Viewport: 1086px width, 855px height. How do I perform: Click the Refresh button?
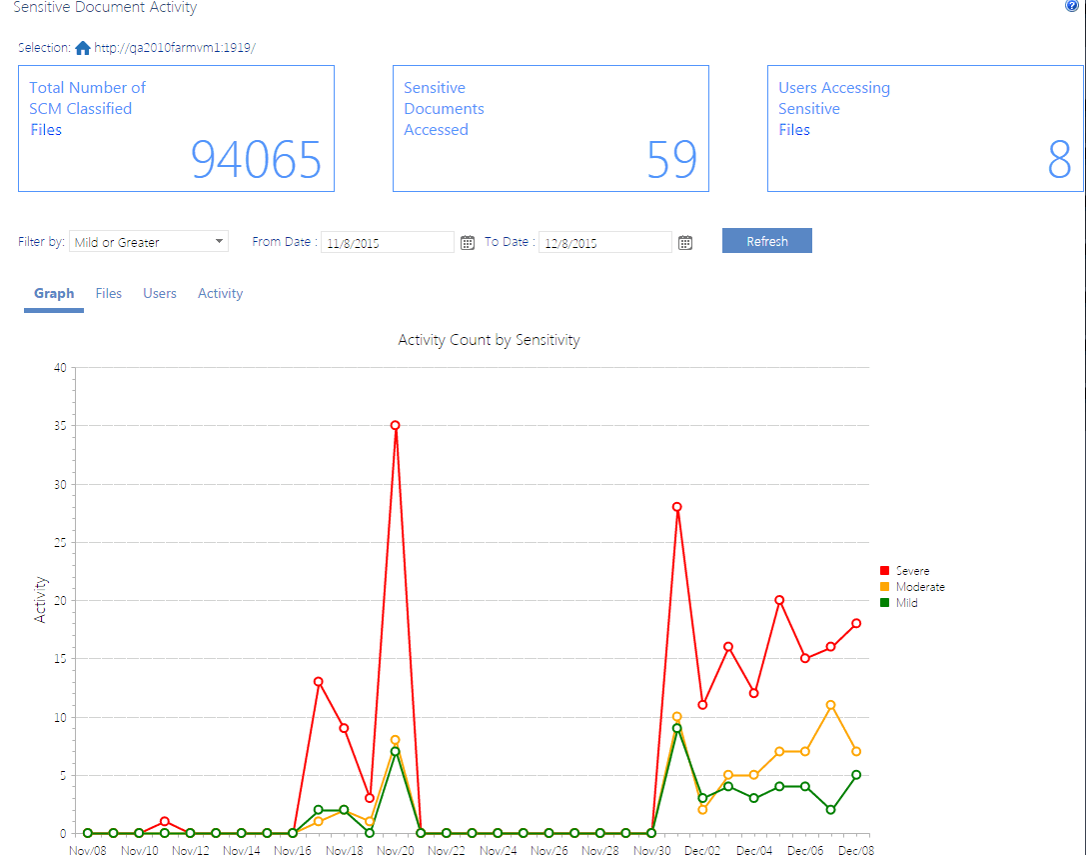click(x=766, y=241)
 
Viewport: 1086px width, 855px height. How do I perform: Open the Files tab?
click(x=109, y=293)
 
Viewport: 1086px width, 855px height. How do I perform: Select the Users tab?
click(x=160, y=293)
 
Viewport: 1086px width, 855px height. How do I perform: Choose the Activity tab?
click(x=220, y=293)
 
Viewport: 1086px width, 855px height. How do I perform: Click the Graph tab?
click(x=54, y=293)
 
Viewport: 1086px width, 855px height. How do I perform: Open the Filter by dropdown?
click(x=150, y=242)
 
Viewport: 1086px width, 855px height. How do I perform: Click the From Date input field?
click(x=387, y=242)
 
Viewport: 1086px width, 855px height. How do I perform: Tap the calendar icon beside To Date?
click(x=685, y=242)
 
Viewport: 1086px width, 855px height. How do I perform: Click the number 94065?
click(x=256, y=159)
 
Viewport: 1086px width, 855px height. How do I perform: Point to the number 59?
click(x=671, y=159)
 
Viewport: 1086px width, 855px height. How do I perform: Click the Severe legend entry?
click(x=911, y=571)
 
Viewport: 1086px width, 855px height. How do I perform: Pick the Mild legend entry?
click(x=905, y=603)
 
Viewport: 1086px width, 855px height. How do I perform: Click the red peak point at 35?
click(x=396, y=425)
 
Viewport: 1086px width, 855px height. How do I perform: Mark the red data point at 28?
click(x=677, y=507)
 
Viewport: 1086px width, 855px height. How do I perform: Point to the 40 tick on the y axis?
click(x=59, y=368)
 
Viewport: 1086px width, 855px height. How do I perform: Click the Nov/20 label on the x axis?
click(x=396, y=850)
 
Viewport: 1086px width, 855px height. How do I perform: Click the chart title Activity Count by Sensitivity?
click(x=489, y=340)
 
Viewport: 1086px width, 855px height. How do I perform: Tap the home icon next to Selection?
click(x=83, y=48)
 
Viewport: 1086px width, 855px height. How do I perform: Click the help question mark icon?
click(x=1072, y=6)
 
